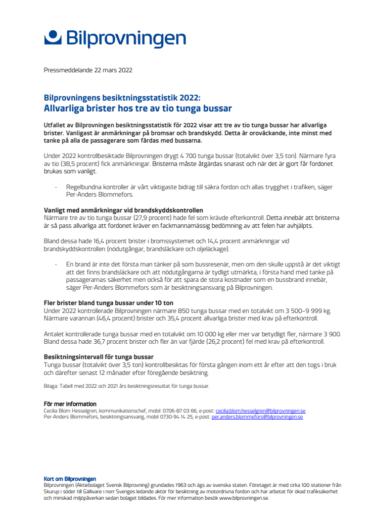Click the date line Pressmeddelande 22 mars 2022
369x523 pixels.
point(88,70)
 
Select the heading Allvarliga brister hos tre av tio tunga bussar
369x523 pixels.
point(138,108)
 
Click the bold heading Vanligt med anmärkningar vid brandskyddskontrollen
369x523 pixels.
point(123,210)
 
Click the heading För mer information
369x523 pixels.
point(70,404)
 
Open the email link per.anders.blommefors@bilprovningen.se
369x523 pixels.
point(257,417)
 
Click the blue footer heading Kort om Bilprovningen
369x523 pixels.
point(70,479)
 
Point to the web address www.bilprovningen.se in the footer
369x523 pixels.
point(243,498)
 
